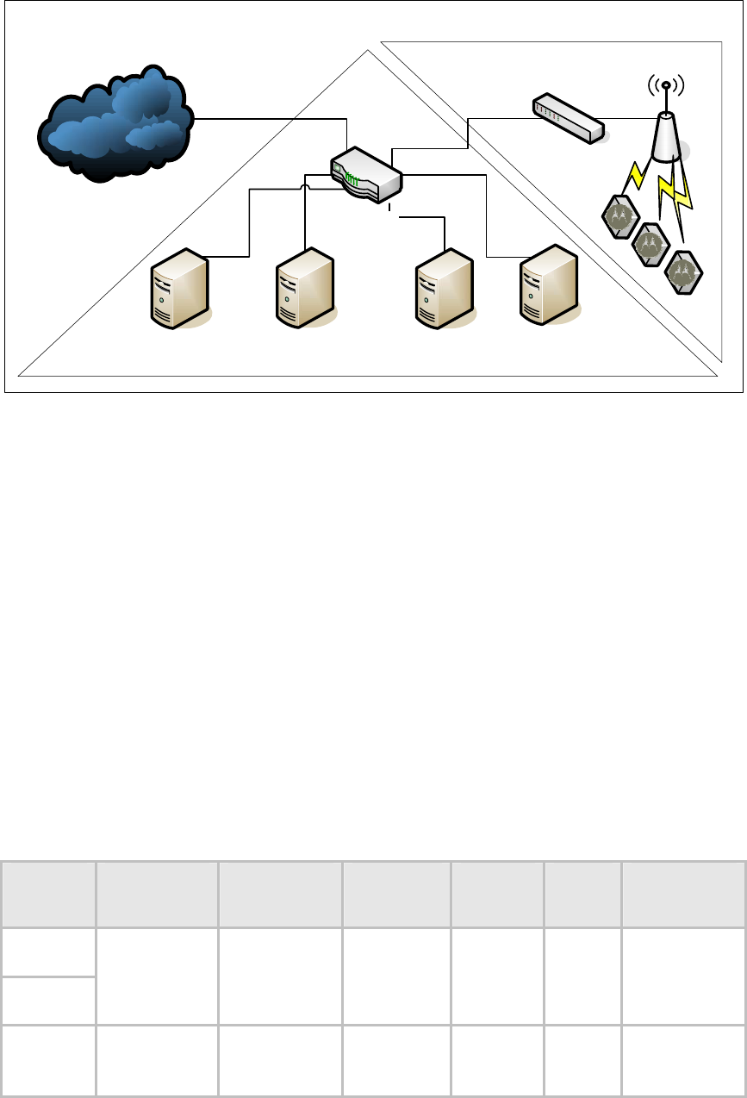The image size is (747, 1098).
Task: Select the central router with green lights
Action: click(x=365, y=176)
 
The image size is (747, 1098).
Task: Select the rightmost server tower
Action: click(x=547, y=284)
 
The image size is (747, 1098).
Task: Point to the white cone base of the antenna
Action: click(x=665, y=138)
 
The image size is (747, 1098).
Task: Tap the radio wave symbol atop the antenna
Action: click(x=665, y=85)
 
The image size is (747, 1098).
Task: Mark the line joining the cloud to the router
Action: click(x=267, y=118)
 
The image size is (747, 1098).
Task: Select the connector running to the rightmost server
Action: click(x=487, y=215)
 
